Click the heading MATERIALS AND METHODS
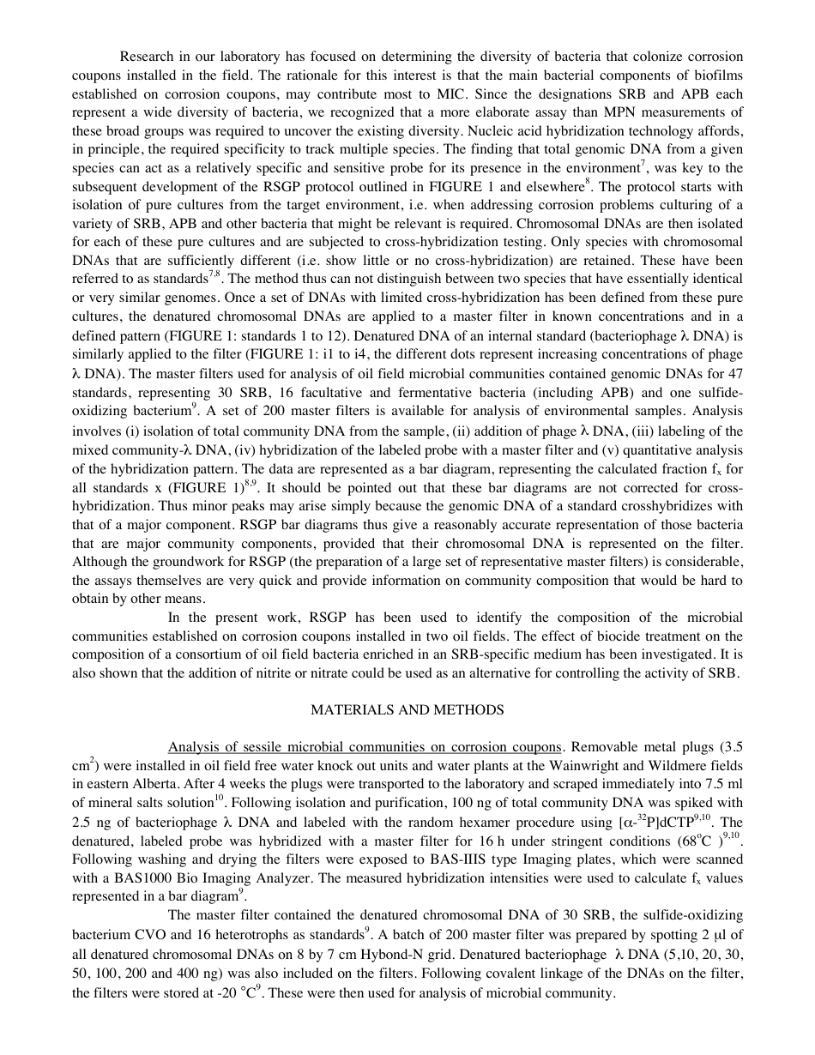tap(407, 709)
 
